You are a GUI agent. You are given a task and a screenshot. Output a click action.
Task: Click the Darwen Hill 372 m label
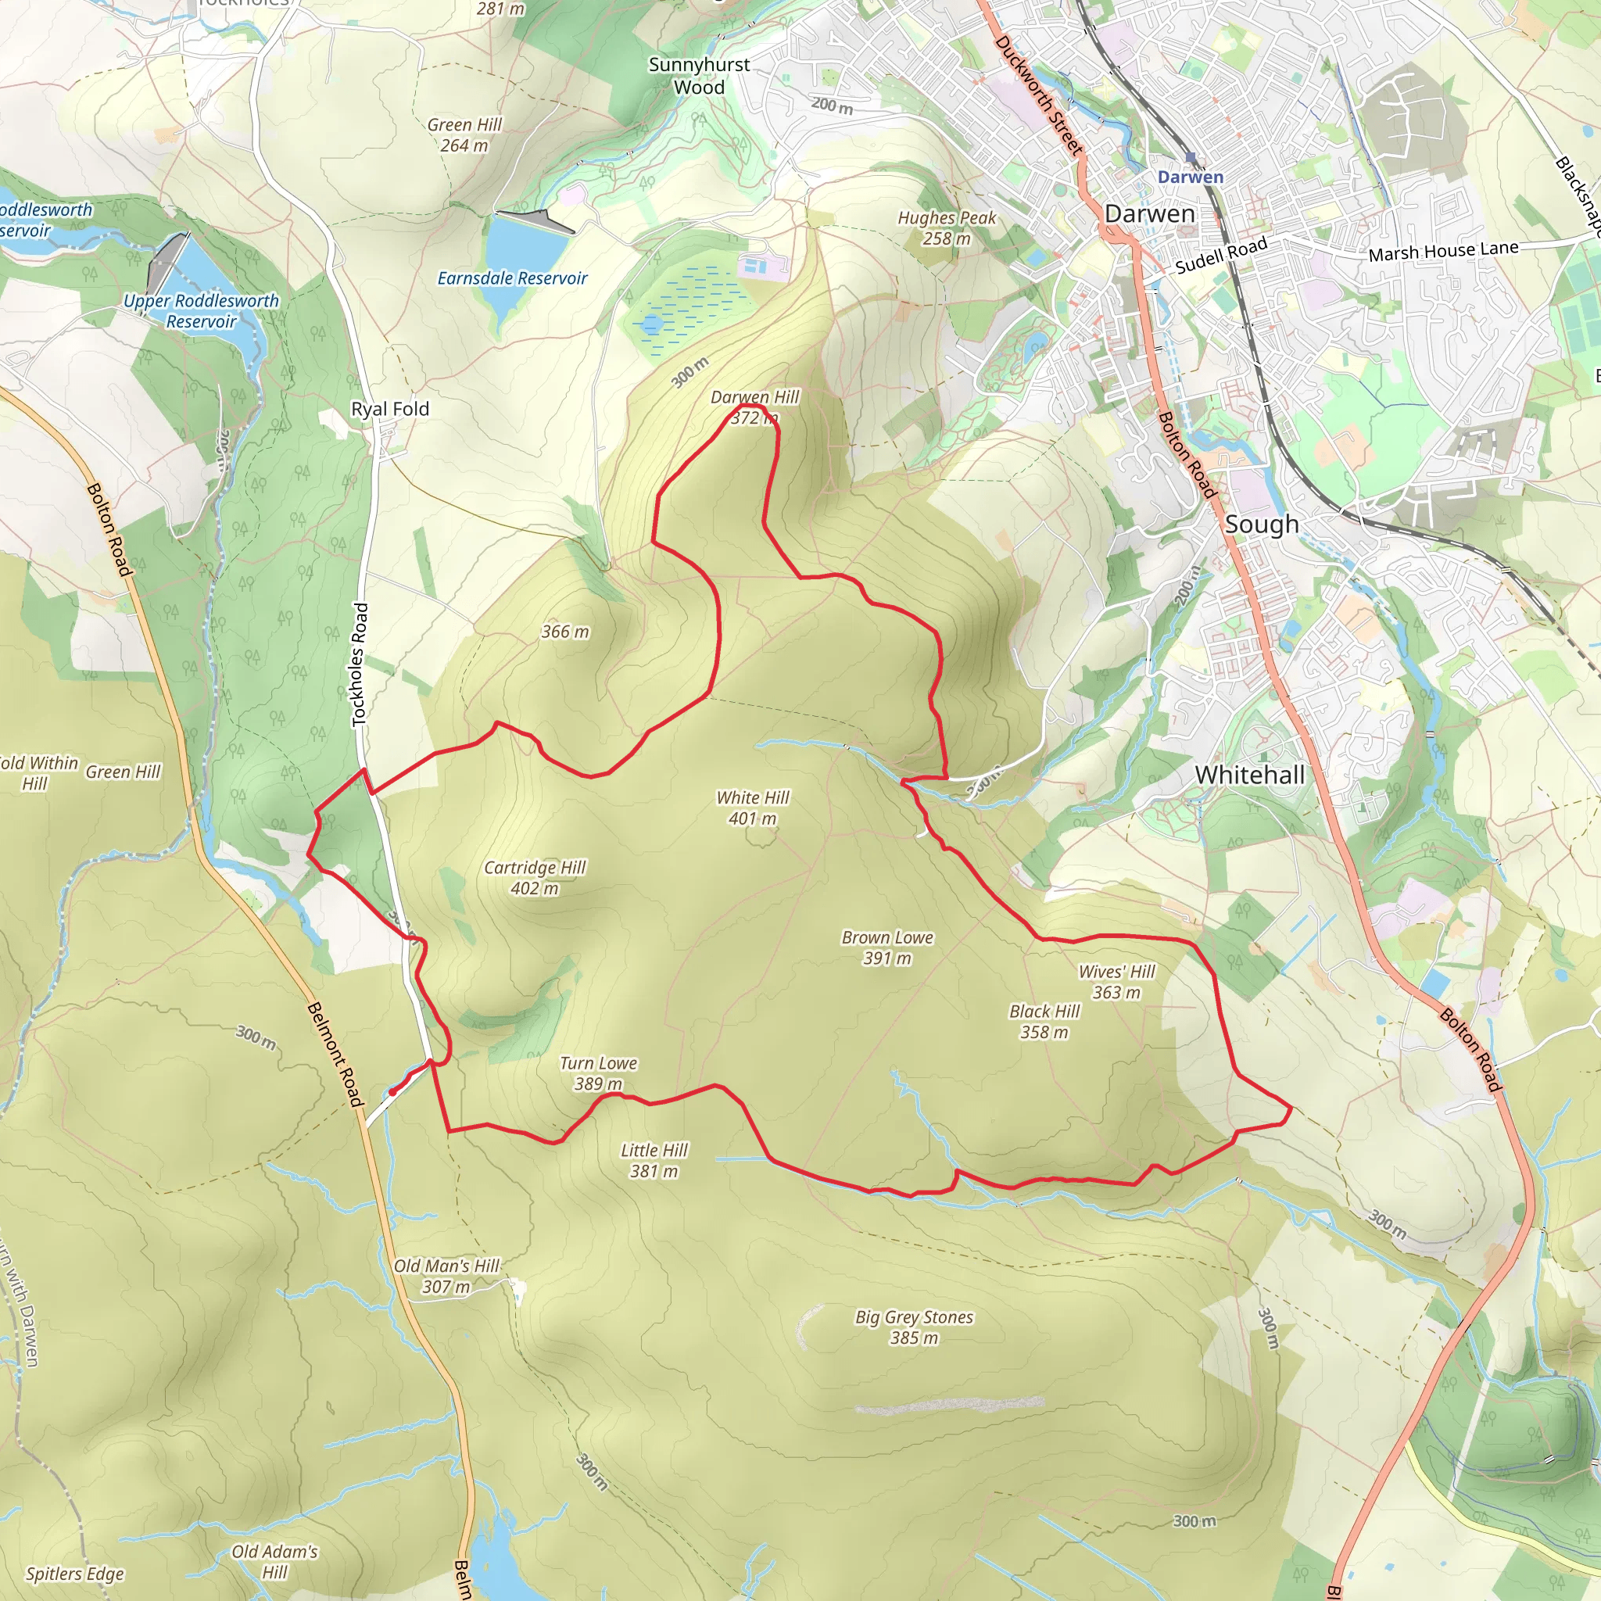(x=754, y=407)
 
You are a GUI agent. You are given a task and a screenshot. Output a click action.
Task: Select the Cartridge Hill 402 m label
(x=535, y=878)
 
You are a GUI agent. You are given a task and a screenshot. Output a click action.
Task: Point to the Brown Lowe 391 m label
(x=886, y=947)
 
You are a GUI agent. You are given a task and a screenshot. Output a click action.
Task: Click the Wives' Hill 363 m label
(x=1116, y=981)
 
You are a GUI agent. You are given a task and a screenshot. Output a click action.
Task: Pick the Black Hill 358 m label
(x=1044, y=1021)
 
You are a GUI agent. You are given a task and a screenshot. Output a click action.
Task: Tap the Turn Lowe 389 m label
(x=598, y=1073)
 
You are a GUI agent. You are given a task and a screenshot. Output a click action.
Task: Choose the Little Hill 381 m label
(x=654, y=1160)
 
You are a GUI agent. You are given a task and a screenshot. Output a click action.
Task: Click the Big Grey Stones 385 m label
(x=914, y=1327)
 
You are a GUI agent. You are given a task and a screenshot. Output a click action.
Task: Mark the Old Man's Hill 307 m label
(x=446, y=1276)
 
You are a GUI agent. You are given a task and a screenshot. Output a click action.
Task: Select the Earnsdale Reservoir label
(x=512, y=278)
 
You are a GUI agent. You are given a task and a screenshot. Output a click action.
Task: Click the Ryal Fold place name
(x=389, y=409)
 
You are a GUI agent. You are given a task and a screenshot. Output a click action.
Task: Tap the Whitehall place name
(x=1250, y=775)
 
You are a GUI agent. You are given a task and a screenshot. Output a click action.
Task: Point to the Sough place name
(x=1261, y=524)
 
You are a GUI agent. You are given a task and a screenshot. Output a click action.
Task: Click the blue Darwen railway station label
(x=1190, y=177)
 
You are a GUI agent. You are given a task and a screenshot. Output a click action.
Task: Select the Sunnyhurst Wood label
(x=699, y=75)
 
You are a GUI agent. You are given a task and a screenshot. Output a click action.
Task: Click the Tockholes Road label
(x=360, y=664)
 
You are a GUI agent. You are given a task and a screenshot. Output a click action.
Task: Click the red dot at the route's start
(x=392, y=1092)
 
